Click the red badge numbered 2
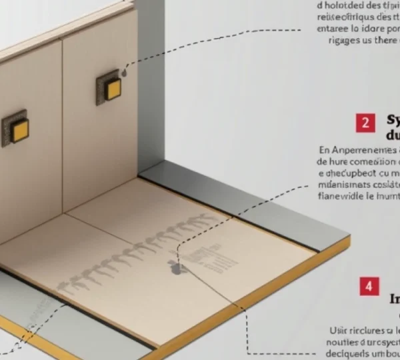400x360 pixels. coord(365,123)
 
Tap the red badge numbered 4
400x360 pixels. coord(369,286)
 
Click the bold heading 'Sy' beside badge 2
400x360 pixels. coord(393,120)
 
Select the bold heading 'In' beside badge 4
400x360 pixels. coord(394,299)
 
